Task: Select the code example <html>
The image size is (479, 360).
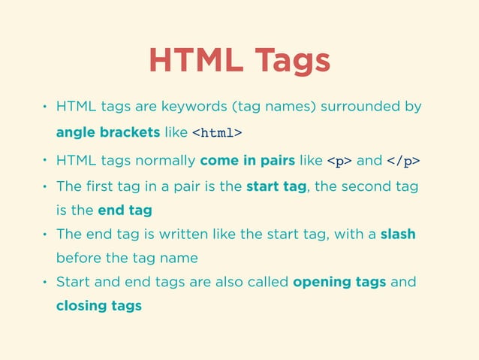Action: coord(217,133)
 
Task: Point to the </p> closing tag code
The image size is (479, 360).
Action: coord(404,160)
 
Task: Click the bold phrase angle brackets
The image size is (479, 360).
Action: coord(107,132)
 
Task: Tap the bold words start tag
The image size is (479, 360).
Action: coord(277,186)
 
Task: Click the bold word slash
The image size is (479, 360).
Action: coord(398,234)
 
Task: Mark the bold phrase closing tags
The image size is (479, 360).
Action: coord(98,306)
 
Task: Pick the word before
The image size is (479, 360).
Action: coord(78,258)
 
